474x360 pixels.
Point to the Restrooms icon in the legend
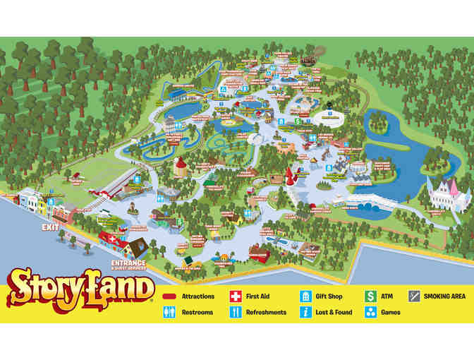click(169, 312)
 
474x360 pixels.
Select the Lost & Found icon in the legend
click(305, 312)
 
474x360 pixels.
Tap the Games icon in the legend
click(370, 312)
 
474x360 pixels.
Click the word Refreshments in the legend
click(266, 312)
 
